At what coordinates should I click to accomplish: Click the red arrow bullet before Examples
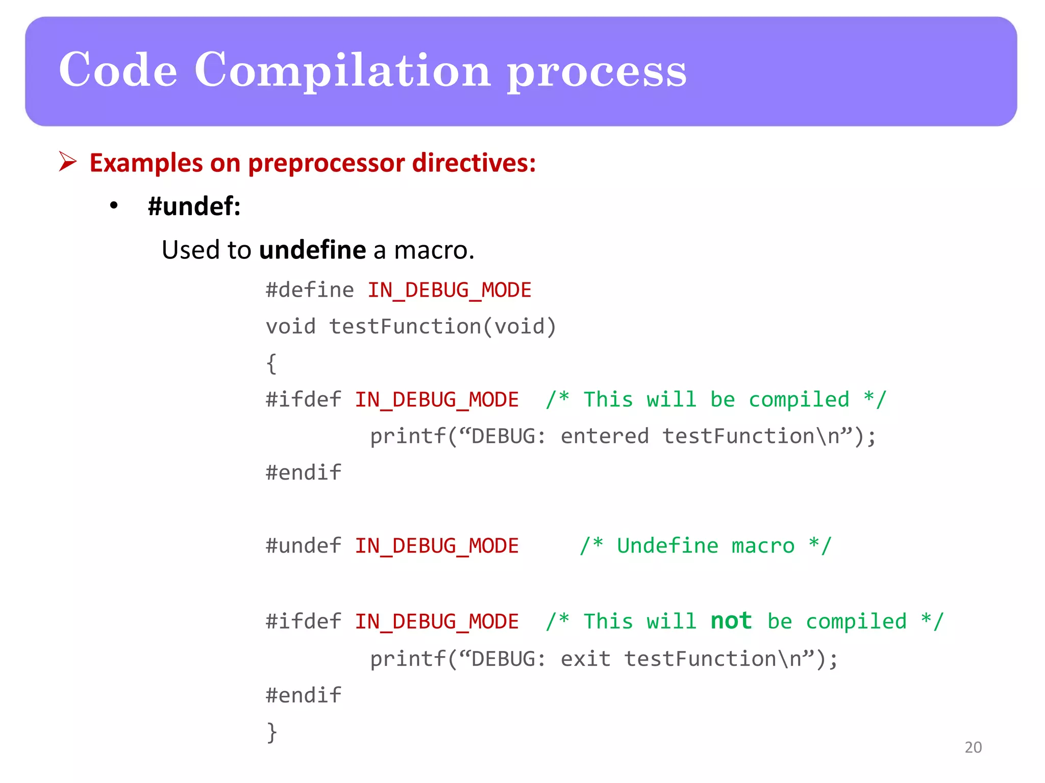click(67, 162)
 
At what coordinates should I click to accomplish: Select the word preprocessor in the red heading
click(326, 163)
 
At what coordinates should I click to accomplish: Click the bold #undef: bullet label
click(194, 206)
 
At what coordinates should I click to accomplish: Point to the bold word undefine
click(312, 250)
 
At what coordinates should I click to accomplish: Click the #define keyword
click(310, 290)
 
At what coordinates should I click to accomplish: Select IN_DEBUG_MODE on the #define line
click(449, 290)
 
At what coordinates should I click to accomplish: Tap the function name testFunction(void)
click(442, 326)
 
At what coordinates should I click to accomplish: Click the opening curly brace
click(271, 363)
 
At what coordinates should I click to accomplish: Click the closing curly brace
click(272, 732)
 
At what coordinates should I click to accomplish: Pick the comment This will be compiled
click(716, 400)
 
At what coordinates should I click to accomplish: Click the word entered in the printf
click(604, 436)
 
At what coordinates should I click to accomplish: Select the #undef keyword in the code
click(303, 546)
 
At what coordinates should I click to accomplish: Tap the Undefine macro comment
click(705, 546)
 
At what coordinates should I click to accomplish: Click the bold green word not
click(731, 621)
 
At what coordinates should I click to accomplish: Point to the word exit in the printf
click(585, 659)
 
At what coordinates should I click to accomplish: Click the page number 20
click(973, 747)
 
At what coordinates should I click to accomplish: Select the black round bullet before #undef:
click(114, 206)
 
